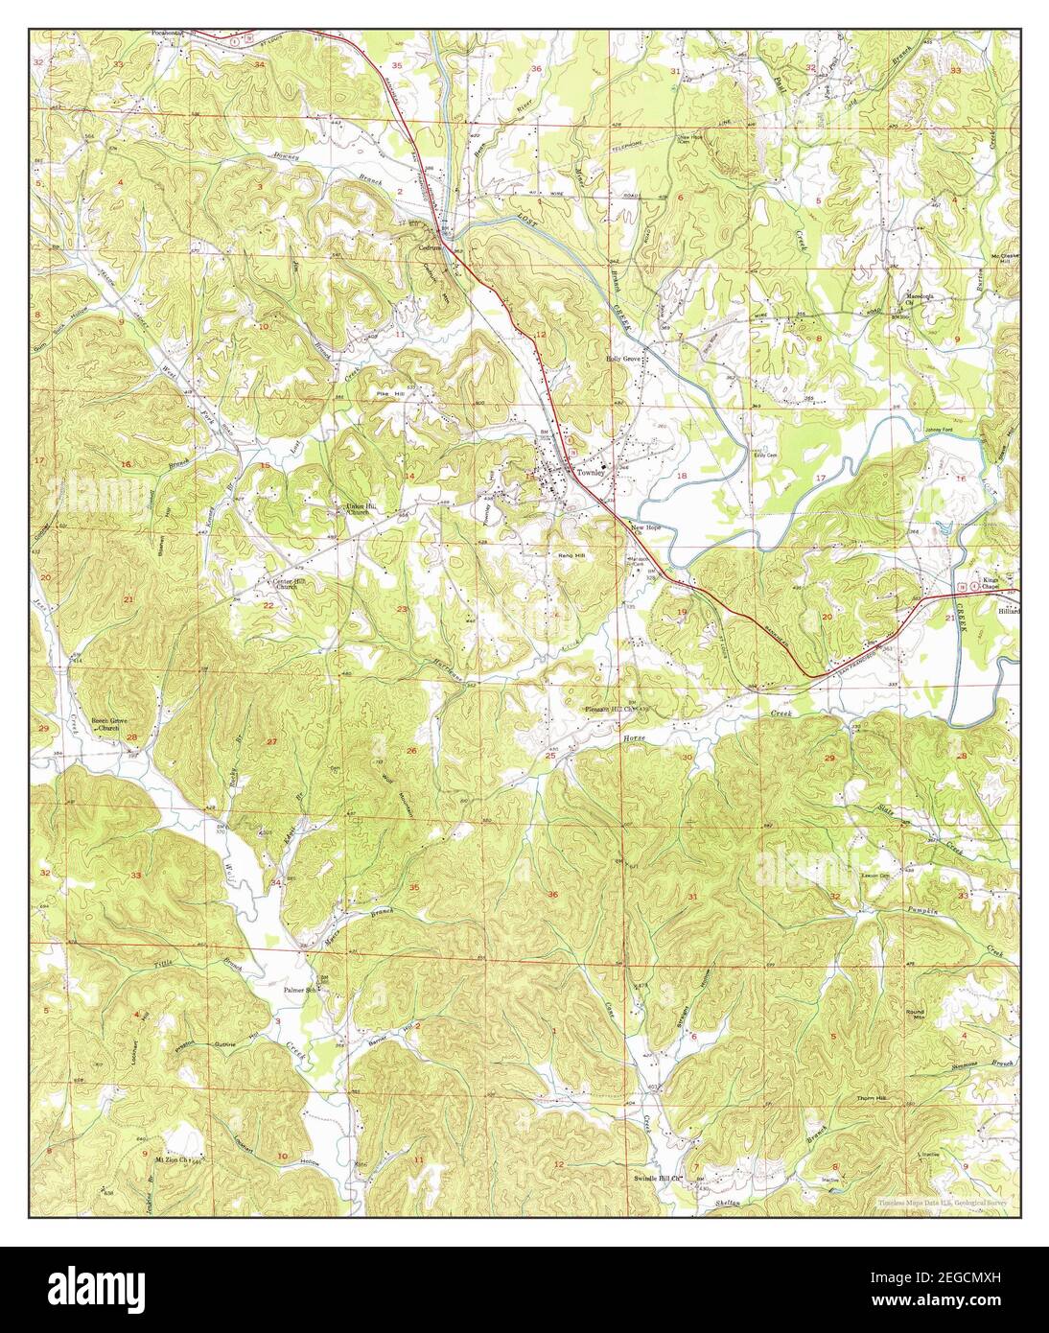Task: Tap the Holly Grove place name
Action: tap(623, 359)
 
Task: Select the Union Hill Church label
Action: tap(358, 509)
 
